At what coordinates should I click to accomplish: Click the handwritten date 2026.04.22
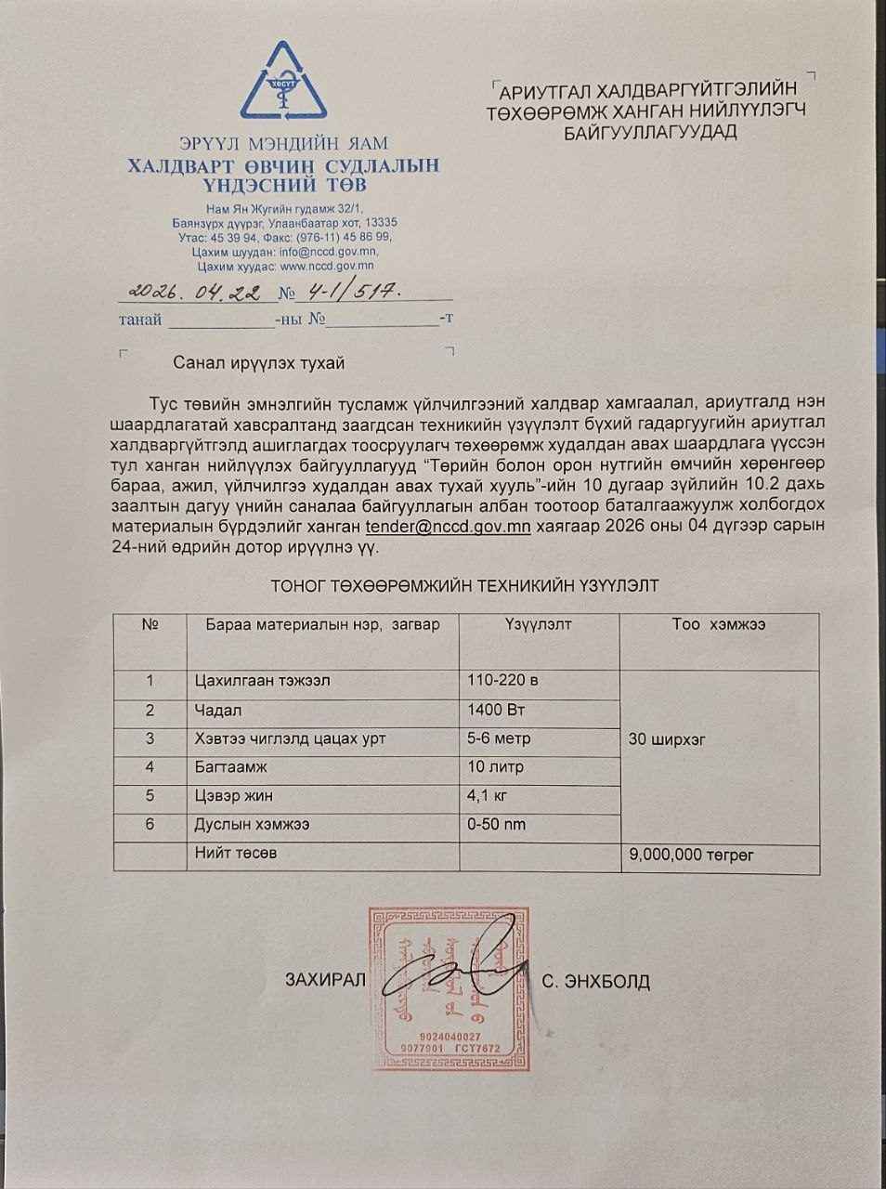[195, 291]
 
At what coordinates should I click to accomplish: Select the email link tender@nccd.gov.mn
[448, 526]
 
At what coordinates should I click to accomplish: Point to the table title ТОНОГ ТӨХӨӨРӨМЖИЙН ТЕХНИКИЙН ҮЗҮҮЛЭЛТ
[464, 586]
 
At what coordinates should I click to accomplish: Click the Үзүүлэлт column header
[539, 624]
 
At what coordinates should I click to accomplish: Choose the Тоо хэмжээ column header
[718, 624]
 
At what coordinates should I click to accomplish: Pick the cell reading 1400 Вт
[497, 711]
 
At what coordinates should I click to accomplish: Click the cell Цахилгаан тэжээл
[262, 681]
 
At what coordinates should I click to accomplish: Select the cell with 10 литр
[496, 767]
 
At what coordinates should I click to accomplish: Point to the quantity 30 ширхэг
[667, 739]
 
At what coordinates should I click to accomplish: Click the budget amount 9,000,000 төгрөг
[691, 855]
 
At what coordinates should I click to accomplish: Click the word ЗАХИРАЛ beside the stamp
[326, 981]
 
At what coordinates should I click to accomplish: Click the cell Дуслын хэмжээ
[252, 825]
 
